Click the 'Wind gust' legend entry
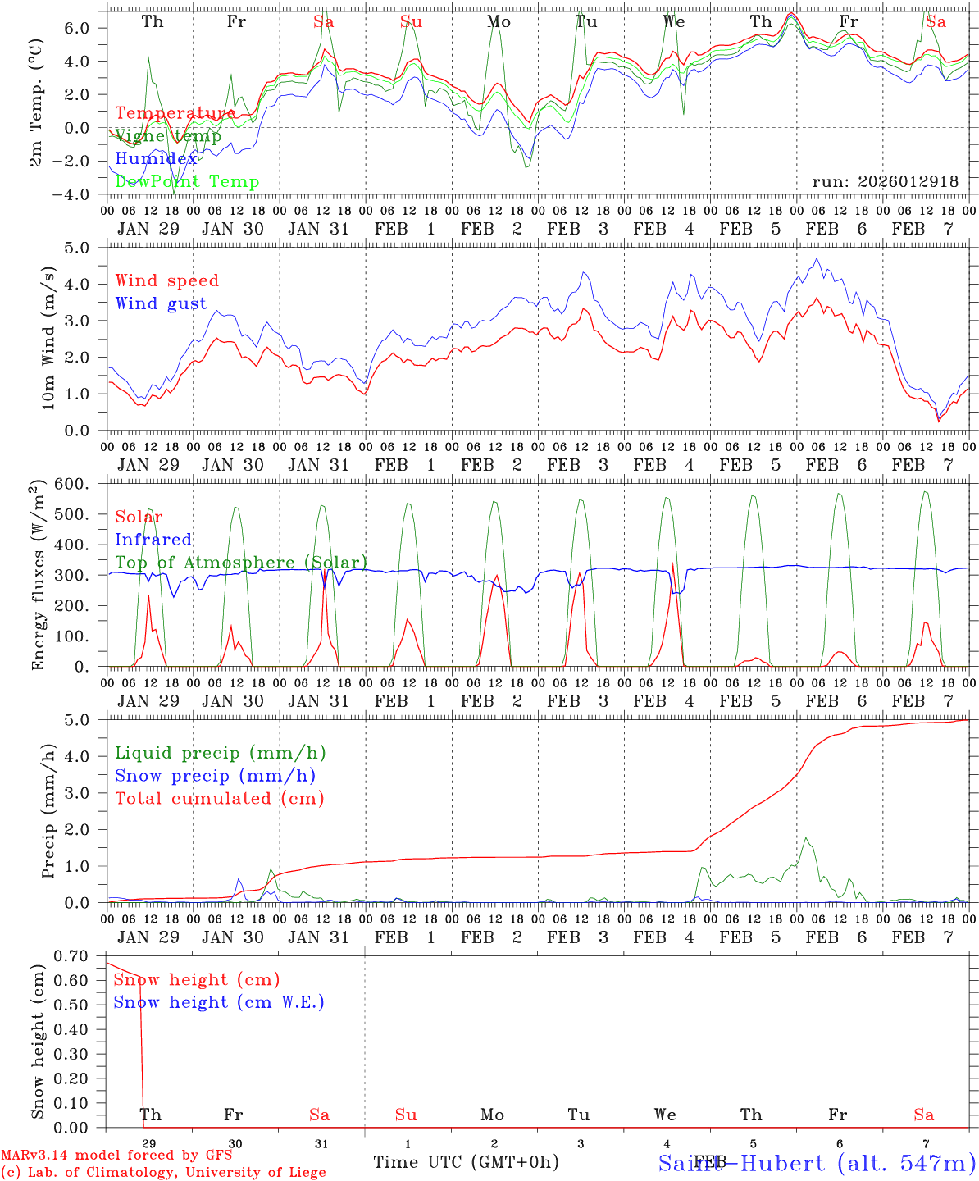tap(161, 303)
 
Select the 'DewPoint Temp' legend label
tap(187, 181)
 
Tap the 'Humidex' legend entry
tap(156, 158)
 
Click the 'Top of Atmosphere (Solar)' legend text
tap(241, 563)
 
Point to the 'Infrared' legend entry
tap(153, 540)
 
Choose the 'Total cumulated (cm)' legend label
tap(219, 798)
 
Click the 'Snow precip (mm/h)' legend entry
tap(215, 776)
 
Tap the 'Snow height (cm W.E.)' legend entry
tap(219, 1002)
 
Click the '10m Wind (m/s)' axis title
tap(48, 337)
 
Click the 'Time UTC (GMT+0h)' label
tap(466, 1162)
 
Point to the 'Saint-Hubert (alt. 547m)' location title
tap(817, 1162)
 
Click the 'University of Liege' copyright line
tap(163, 1173)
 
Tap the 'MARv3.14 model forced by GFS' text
tap(116, 1156)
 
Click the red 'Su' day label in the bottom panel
tap(406, 1115)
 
